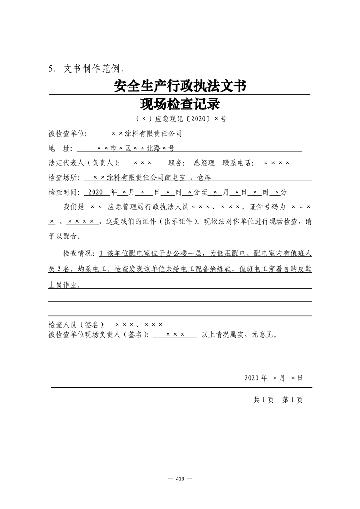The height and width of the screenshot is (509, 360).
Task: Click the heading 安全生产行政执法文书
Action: tap(180, 86)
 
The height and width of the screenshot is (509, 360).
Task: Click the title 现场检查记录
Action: tap(180, 105)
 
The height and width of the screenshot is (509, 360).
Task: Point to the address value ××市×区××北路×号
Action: tap(136, 148)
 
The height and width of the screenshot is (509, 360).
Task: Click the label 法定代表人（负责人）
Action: tap(84, 163)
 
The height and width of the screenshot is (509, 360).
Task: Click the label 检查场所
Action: tap(63, 177)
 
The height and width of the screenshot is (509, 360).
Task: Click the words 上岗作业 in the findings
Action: tap(64, 285)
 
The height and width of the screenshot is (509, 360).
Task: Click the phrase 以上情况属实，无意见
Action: tap(238, 335)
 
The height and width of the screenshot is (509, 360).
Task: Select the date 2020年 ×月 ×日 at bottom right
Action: tap(273, 377)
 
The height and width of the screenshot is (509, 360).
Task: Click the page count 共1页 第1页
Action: tap(278, 400)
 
